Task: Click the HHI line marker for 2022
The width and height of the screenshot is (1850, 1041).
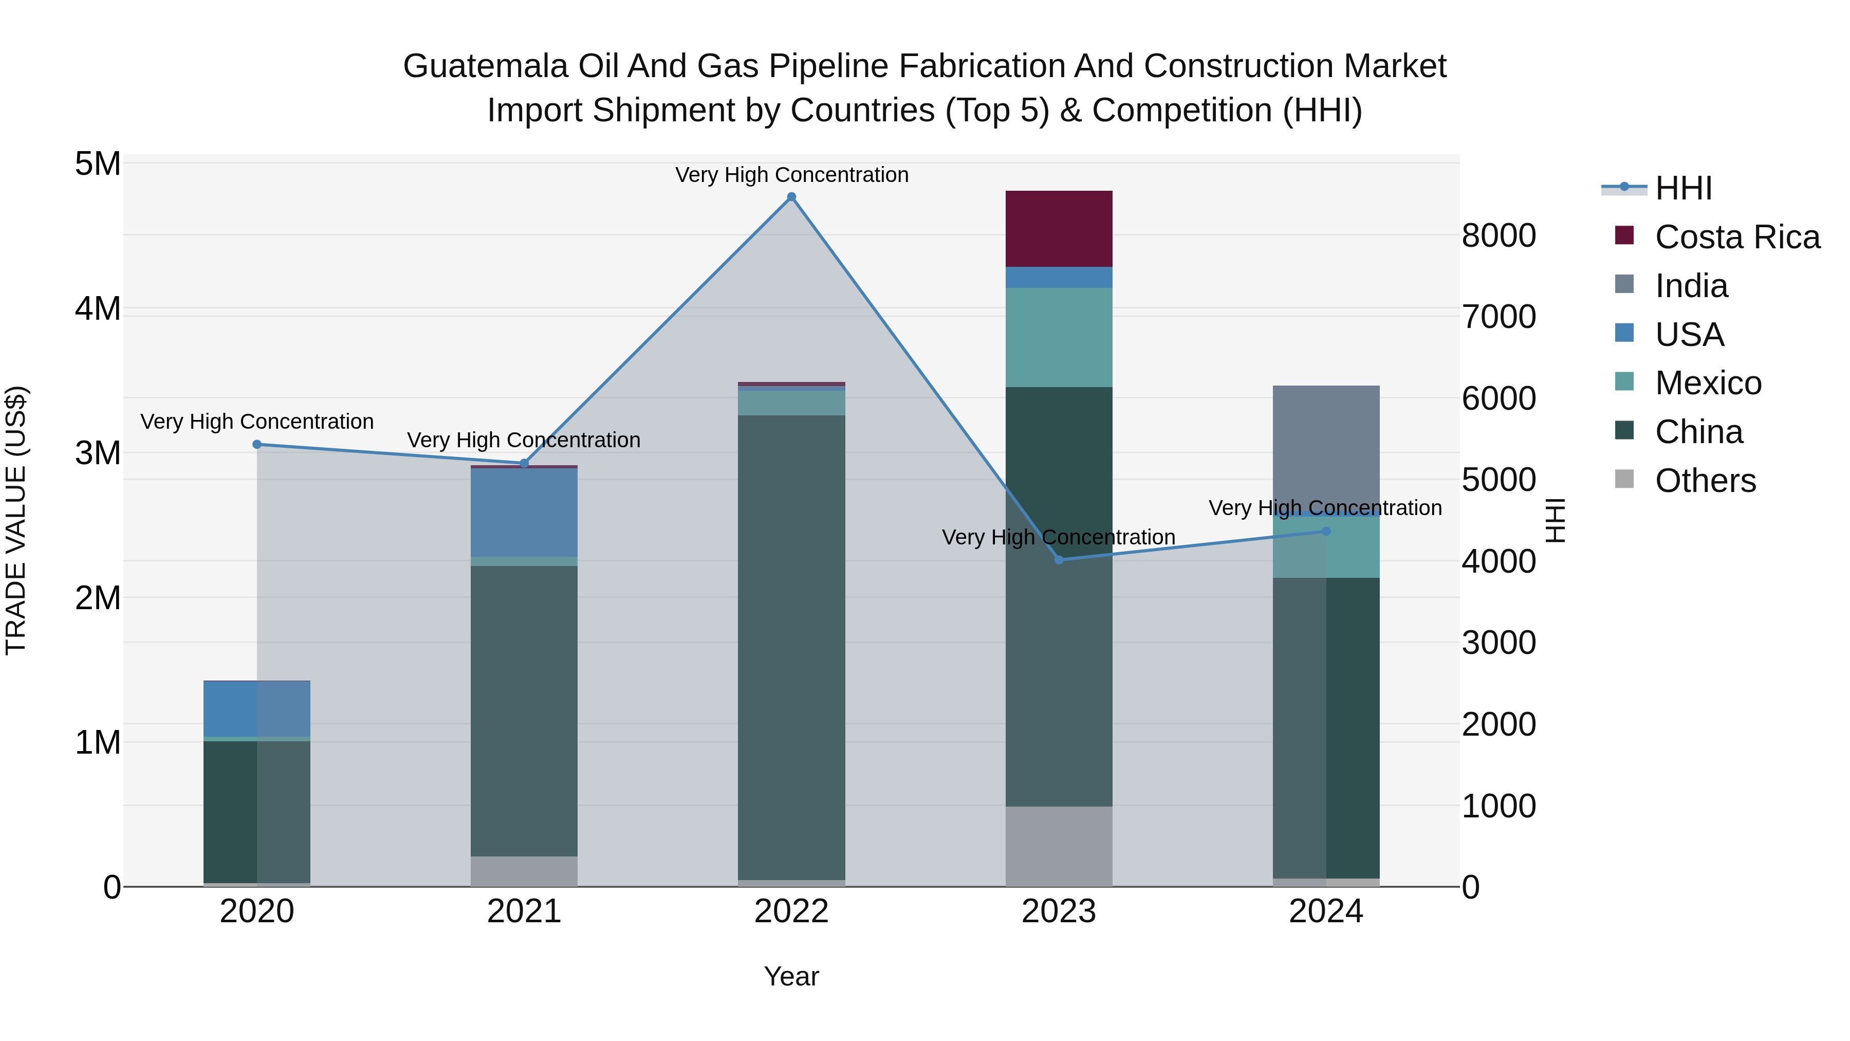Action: [x=791, y=197]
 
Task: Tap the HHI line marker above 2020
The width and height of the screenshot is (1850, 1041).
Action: [x=257, y=445]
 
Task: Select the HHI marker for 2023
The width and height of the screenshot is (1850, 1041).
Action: [x=1059, y=560]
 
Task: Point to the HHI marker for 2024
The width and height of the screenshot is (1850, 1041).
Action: [x=1326, y=532]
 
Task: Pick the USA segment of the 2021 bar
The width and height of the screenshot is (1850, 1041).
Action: [x=524, y=512]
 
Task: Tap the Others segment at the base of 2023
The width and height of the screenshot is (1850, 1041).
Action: [x=1059, y=846]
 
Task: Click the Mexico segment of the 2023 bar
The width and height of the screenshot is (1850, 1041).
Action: [x=1059, y=338]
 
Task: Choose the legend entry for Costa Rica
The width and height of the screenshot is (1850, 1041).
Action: [x=1736, y=237]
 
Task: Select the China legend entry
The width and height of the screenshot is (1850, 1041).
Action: [x=1698, y=432]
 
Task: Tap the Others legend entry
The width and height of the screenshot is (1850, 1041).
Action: [x=1705, y=481]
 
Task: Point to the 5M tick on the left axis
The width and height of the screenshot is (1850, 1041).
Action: [x=98, y=164]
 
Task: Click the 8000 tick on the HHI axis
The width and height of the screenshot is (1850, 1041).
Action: [x=1499, y=235]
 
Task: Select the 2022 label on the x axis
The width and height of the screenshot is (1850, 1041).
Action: [x=791, y=911]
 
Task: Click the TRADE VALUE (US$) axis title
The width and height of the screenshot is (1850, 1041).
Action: [x=16, y=520]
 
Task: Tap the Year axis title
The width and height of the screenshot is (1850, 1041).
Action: [x=791, y=976]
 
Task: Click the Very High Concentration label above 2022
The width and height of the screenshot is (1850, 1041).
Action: [x=791, y=175]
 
